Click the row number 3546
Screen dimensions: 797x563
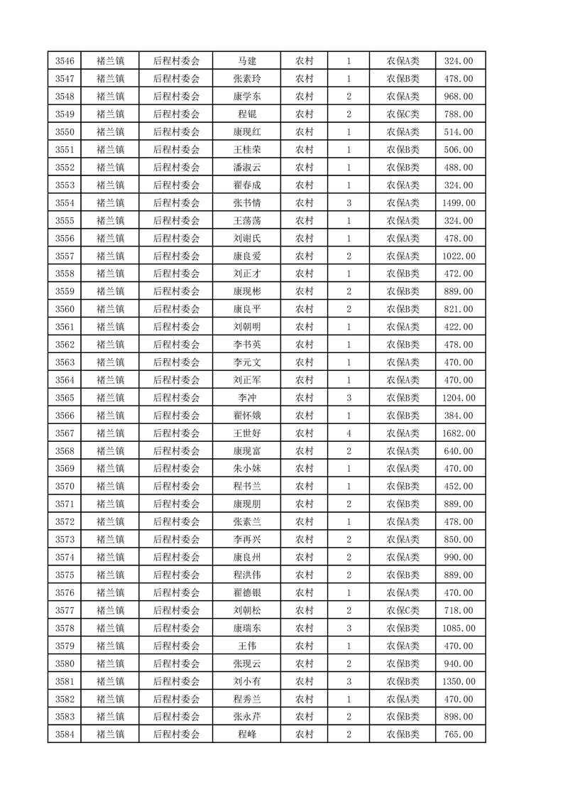point(64,61)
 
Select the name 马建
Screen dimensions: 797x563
point(246,61)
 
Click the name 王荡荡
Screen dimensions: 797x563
point(246,221)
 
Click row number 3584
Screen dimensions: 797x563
point(64,734)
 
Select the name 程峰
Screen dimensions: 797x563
point(246,734)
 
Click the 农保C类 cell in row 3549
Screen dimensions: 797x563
point(403,114)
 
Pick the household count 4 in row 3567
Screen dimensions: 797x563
point(349,433)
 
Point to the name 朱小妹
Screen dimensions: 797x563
point(246,469)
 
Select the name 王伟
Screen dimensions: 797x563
point(246,646)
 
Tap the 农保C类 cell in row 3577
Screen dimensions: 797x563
point(403,610)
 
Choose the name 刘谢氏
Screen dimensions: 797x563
point(246,239)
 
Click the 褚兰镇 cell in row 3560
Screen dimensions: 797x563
point(110,310)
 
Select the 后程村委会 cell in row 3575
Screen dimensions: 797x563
point(177,575)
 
